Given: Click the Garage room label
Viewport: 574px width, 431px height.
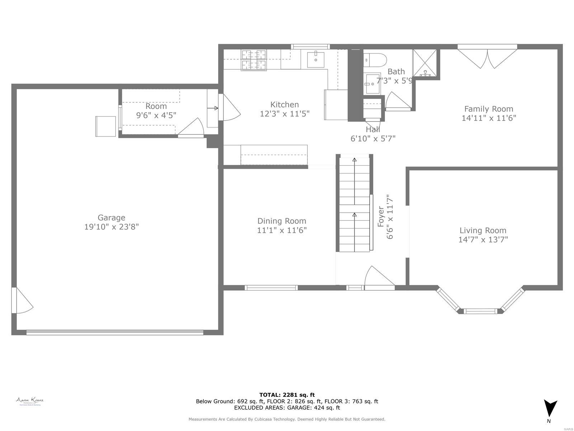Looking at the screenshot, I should coord(111,218).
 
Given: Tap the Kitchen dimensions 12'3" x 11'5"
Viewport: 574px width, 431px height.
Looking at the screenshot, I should coord(284,114).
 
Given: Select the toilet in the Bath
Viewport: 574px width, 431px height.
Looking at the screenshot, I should coord(375,59).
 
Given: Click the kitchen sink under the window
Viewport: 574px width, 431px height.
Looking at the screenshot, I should coord(315,60).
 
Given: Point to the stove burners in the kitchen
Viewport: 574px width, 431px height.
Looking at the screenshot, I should coord(254,60).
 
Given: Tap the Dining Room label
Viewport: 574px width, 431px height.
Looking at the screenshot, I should coord(282,221).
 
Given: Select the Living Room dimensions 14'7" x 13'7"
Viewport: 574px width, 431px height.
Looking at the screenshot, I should coord(483,240).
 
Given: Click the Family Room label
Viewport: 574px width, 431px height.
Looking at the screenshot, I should coord(489,109).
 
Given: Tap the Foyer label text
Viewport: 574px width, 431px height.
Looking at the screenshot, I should coord(381,217).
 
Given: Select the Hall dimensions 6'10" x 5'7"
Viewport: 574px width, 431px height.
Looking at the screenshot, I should coord(373,138).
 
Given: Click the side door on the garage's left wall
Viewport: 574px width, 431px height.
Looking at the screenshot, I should coord(22,300).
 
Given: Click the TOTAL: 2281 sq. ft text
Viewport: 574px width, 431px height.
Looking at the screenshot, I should coord(287,395).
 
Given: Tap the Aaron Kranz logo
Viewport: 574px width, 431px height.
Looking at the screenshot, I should coord(29,401).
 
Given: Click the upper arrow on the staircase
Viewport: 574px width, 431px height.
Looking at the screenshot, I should coord(354,160).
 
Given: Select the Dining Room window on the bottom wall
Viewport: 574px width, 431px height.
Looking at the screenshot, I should coord(271,288).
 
